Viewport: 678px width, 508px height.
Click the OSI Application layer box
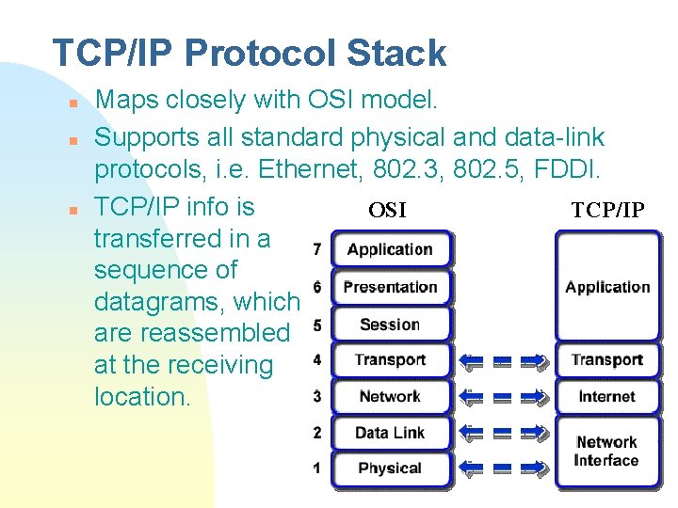389,249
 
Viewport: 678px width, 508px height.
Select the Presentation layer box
389,287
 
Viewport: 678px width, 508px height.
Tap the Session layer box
389,325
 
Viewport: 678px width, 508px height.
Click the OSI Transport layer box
389,359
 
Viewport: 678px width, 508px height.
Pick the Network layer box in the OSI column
389,396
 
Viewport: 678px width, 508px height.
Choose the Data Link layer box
389,433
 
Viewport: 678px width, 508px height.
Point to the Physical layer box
389,468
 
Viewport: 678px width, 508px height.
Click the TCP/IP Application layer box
607,287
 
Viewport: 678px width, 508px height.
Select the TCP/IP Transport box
607,359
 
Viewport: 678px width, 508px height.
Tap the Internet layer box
607,396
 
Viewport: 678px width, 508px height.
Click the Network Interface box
607,451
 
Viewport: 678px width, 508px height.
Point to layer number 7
316,249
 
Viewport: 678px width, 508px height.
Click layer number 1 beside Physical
316,468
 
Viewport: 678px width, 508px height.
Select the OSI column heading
387,210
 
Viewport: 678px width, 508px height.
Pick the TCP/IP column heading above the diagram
607,210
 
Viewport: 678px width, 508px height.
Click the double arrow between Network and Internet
503,396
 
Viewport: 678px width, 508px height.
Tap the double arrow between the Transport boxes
503,359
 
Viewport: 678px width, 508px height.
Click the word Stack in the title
395,54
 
